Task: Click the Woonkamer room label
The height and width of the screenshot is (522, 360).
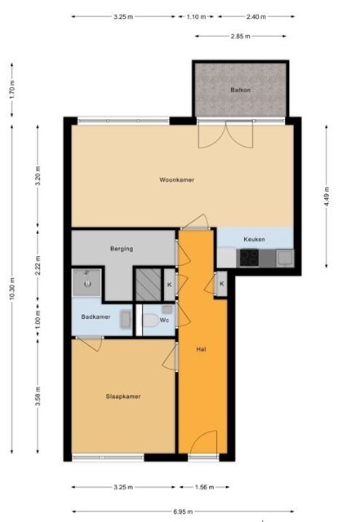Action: point(176,179)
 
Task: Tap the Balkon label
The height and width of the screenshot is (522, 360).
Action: point(240,90)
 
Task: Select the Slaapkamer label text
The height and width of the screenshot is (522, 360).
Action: point(123,396)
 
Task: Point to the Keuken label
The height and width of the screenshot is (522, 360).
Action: point(255,239)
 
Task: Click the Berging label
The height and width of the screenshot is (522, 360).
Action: point(122,249)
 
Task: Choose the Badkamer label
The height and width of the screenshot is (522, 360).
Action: point(96,316)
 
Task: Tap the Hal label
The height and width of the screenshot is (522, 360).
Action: point(201,349)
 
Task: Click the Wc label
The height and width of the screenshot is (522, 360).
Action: point(164,321)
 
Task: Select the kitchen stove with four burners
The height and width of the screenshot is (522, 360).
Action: point(249,258)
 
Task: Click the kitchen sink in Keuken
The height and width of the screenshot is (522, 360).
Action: point(285,258)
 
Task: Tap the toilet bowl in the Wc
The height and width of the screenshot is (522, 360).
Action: point(151,321)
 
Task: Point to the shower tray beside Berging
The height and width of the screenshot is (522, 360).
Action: point(87,283)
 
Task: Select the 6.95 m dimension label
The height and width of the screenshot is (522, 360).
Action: point(183,511)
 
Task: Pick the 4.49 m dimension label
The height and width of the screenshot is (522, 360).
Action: point(327,197)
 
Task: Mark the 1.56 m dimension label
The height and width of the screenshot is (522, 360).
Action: point(204,487)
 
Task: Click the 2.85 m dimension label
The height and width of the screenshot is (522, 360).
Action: point(240,36)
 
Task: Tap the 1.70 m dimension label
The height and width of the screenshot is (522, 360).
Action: point(12,90)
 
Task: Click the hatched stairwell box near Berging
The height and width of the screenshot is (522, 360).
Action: point(148,285)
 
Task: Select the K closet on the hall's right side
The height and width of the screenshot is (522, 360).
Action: point(222,284)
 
